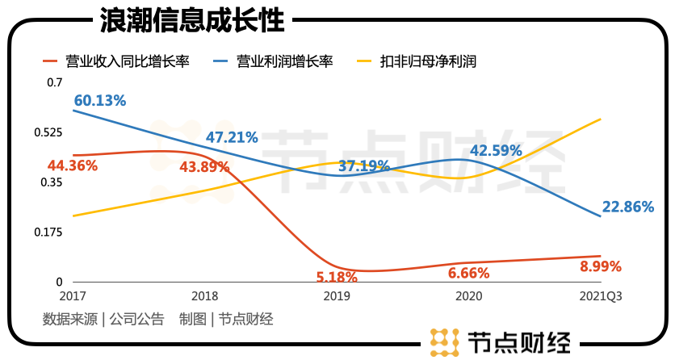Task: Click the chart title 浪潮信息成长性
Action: tap(192, 20)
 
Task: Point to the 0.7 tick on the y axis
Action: tap(54, 82)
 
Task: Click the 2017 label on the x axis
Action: tap(73, 296)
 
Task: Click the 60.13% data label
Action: tap(100, 100)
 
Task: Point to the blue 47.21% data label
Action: tap(232, 137)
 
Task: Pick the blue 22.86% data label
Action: tap(627, 207)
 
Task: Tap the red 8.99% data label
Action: tap(601, 266)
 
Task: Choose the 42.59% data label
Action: tap(496, 150)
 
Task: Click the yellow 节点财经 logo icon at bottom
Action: tap(444, 342)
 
